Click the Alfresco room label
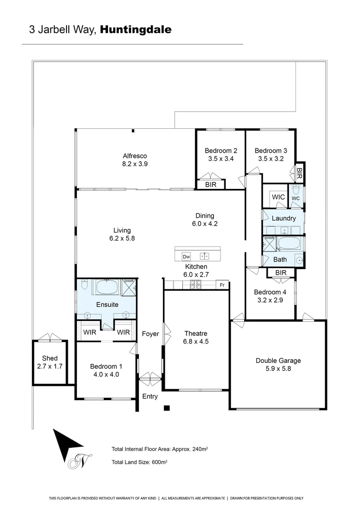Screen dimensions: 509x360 [135, 156]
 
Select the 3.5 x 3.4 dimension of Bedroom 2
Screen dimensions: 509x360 [221, 159]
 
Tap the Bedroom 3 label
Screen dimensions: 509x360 [271, 151]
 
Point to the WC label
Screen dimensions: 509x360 [295, 198]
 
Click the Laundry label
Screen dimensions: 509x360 [284, 218]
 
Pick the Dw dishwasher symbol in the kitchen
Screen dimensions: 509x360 [186, 257]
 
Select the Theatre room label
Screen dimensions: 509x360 [196, 334]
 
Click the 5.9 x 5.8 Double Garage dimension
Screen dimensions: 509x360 [278, 369]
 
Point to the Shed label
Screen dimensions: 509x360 [49, 358]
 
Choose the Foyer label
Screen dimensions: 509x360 [150, 334]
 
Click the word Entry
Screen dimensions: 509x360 [150, 396]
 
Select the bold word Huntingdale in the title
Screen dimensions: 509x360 [136, 30]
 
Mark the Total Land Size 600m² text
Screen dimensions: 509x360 [139, 462]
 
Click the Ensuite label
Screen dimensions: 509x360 [107, 304]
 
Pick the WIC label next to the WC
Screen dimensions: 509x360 [278, 197]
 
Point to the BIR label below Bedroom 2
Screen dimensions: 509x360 [211, 185]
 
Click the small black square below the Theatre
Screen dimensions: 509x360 [166, 408]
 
